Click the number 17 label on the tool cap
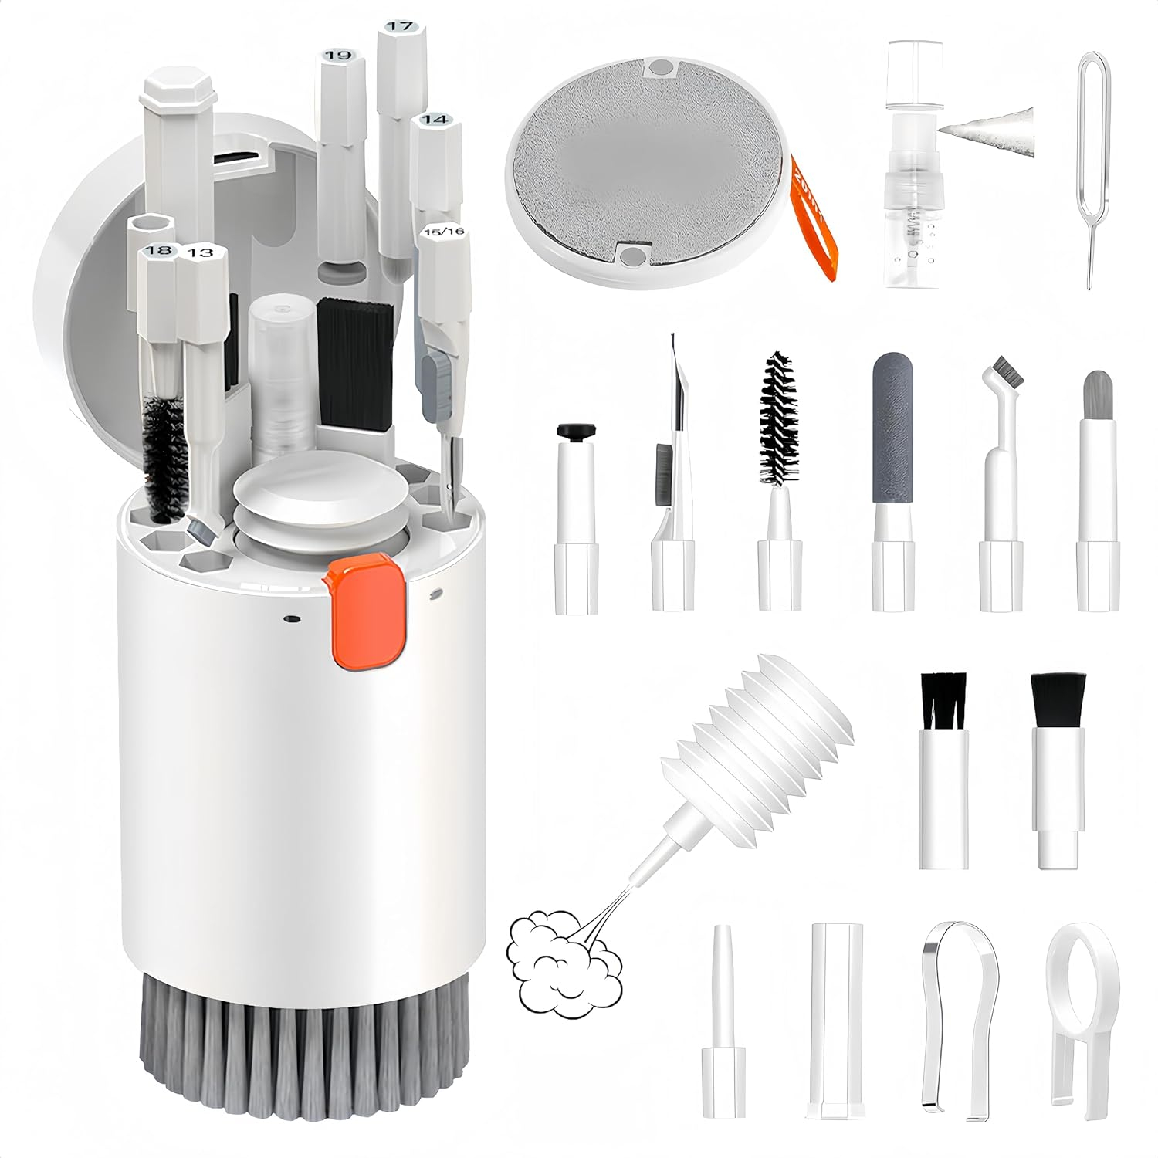click(x=399, y=26)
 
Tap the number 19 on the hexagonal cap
click(x=337, y=55)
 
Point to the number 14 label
click(x=435, y=120)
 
